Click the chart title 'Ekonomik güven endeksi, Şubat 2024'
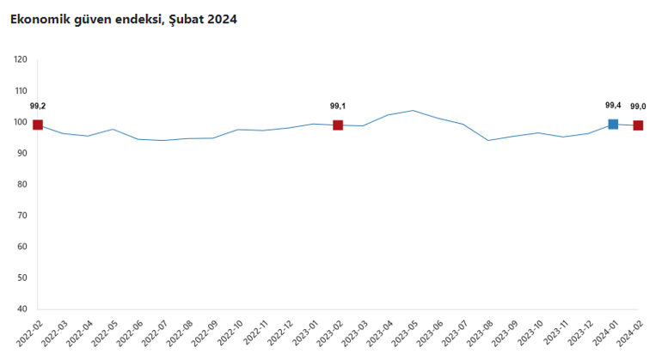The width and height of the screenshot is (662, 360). (x=123, y=20)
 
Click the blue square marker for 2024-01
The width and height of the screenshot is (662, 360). (x=613, y=124)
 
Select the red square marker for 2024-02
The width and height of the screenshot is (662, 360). (x=638, y=125)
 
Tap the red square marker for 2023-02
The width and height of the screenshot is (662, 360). (x=338, y=125)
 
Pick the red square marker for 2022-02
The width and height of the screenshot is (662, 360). (x=38, y=125)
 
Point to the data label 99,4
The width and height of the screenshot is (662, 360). (x=613, y=106)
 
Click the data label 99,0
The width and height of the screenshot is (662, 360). (x=638, y=107)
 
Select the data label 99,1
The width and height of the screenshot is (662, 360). (x=338, y=107)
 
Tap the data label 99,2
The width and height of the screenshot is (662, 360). (x=38, y=107)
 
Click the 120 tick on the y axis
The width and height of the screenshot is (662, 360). (x=21, y=59)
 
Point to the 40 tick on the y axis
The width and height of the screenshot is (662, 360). (x=22, y=309)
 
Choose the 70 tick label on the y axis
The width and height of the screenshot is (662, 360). (x=22, y=216)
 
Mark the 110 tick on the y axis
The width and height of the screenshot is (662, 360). (x=21, y=91)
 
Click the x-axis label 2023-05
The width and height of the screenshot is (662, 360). (x=404, y=333)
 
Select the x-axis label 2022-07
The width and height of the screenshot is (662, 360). (x=155, y=333)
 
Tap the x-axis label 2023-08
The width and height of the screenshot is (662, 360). (x=480, y=333)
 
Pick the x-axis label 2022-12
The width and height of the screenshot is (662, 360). (x=279, y=333)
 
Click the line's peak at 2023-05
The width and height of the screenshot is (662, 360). (x=413, y=111)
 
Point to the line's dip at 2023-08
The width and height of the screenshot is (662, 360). (x=488, y=141)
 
